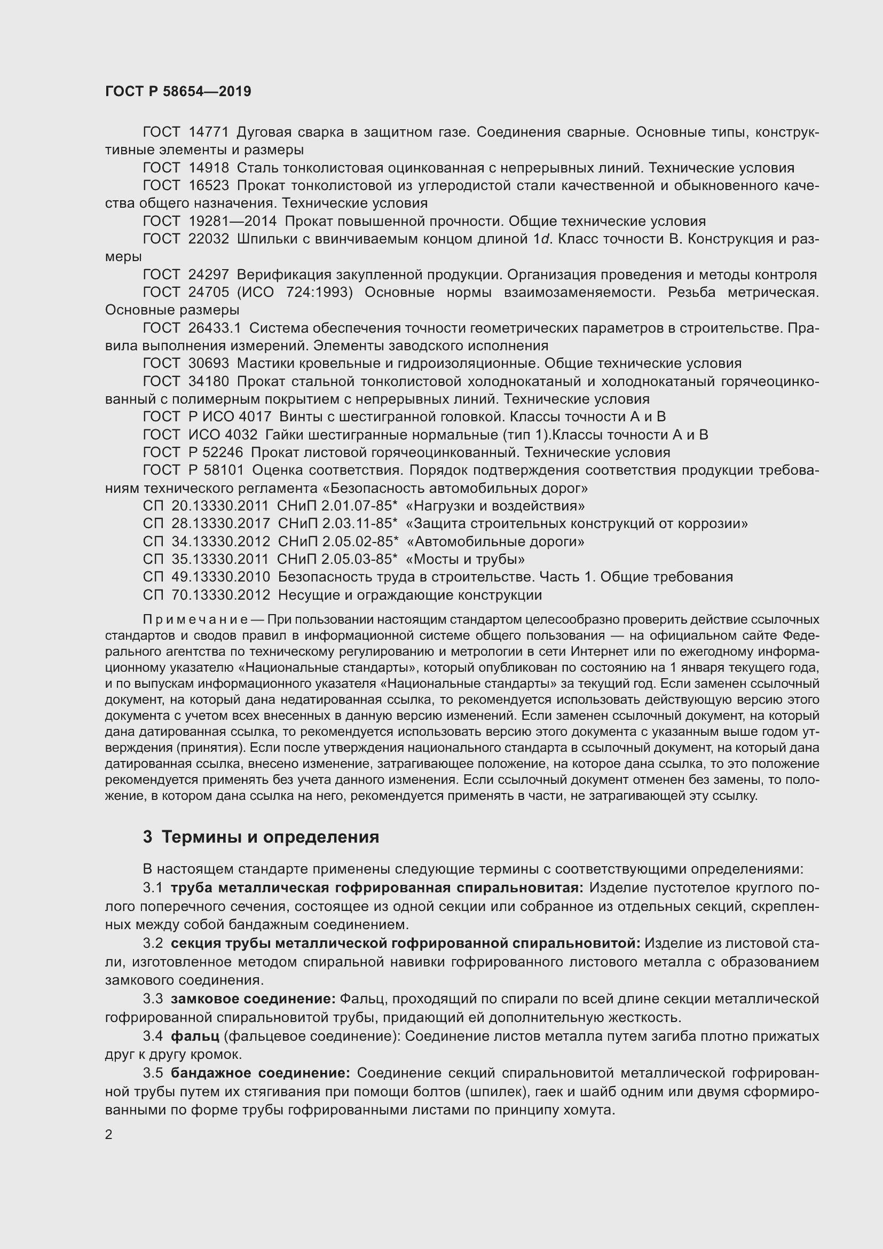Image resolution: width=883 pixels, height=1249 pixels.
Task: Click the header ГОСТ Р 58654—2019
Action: (x=178, y=91)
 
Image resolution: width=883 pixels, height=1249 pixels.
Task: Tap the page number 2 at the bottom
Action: (x=109, y=1134)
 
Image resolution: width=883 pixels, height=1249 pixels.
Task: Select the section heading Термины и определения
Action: (x=270, y=837)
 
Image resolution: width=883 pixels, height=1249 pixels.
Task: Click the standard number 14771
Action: (x=209, y=132)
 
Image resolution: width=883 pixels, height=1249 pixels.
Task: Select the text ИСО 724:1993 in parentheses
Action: (x=295, y=293)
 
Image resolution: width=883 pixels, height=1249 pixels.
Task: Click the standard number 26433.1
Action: (x=214, y=328)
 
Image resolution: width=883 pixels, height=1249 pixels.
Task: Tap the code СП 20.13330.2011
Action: (x=206, y=506)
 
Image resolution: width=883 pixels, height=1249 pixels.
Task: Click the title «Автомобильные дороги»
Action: (x=495, y=542)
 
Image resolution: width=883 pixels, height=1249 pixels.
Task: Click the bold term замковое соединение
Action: (x=253, y=999)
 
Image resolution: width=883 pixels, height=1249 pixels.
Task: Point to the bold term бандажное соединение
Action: (x=261, y=1073)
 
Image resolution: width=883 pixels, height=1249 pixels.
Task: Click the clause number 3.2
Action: (x=153, y=943)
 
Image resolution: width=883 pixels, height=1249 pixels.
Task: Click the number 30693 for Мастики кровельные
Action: (x=209, y=364)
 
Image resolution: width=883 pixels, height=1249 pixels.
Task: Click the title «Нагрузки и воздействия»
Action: (x=495, y=506)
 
